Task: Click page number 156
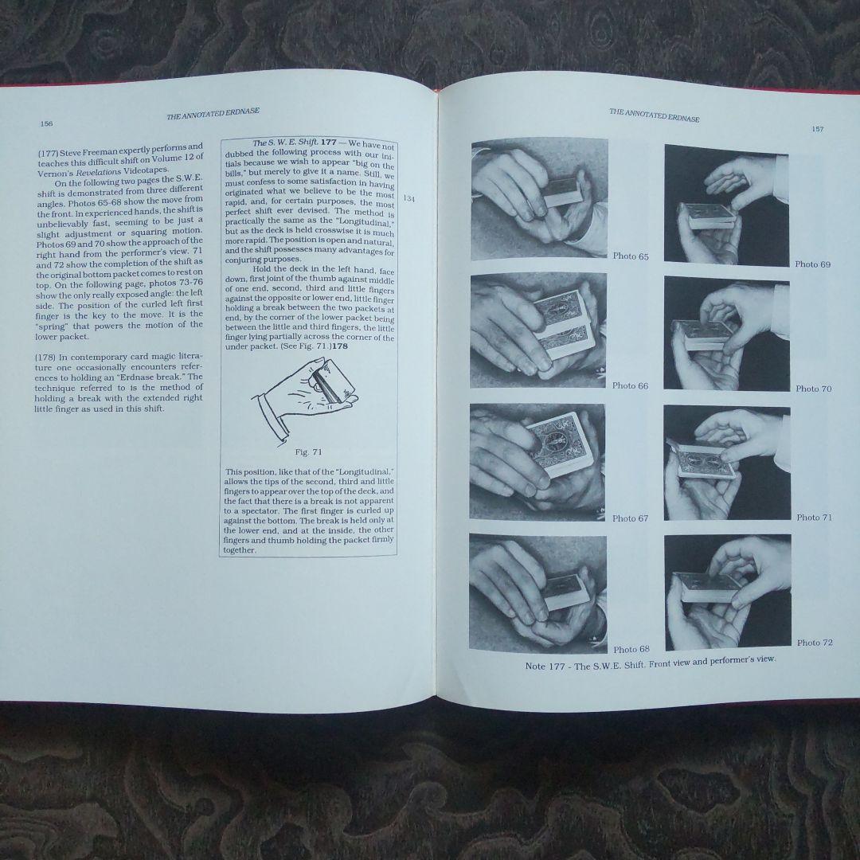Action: [47, 124]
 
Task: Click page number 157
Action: [817, 130]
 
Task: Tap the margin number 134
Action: [409, 198]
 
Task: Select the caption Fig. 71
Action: [308, 452]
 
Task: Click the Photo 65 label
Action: [631, 256]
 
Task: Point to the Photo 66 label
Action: [630, 385]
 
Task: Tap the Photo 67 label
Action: [630, 518]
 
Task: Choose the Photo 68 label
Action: [631, 650]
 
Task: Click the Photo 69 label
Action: [813, 264]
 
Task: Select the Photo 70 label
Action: [814, 389]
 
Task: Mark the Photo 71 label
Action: [815, 518]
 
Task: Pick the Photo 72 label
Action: [815, 643]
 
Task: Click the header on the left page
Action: [213, 114]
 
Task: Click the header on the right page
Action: [655, 115]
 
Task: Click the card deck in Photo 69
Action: [708, 216]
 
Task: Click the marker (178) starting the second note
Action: [44, 357]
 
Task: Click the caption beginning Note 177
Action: [651, 663]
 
